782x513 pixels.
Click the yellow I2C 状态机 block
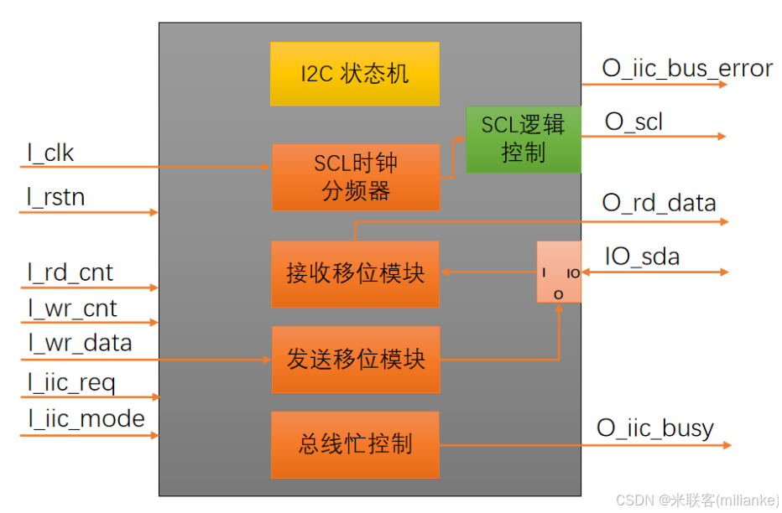point(354,74)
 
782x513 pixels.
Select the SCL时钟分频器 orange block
point(356,177)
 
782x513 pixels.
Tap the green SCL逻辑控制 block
point(523,139)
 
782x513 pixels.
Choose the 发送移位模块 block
point(356,360)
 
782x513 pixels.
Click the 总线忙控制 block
point(356,444)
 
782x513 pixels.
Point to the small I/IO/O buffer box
point(559,272)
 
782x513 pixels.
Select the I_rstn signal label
point(56,198)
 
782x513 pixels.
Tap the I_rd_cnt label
point(70,272)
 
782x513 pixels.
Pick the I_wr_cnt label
point(72,308)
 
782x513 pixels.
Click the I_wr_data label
point(80,343)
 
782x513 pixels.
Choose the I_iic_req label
point(71,383)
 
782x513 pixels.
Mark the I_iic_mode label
point(86,418)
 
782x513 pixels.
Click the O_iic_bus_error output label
point(687,68)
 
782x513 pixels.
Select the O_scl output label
point(633,122)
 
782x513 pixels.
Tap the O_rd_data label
point(659,203)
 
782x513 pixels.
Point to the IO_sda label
point(642,256)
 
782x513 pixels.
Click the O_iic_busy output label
point(655,428)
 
